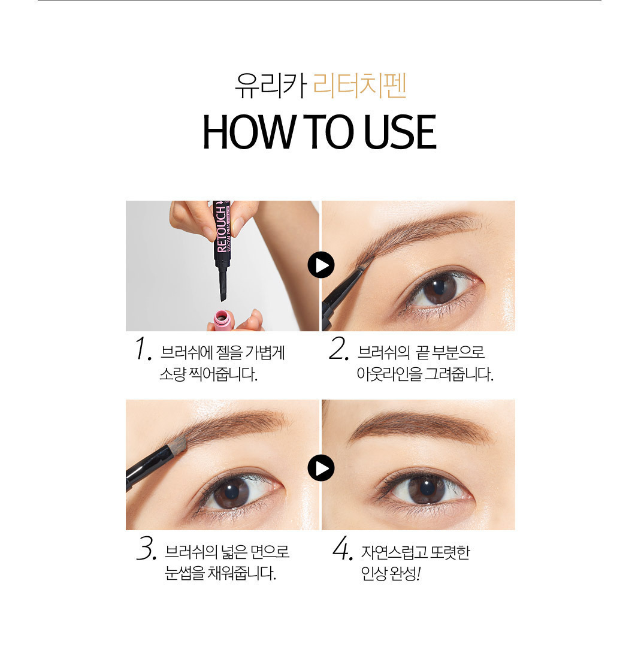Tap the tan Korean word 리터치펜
[x=360, y=86]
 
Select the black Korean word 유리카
[x=271, y=86]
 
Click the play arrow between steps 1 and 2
[x=321, y=265]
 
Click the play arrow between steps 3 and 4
[x=321, y=468]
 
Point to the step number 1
[x=143, y=349]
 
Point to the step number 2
[x=339, y=349]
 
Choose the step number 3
[x=146, y=548]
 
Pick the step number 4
[x=343, y=548]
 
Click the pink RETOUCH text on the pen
[x=221, y=228]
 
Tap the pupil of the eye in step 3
[x=232, y=492]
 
